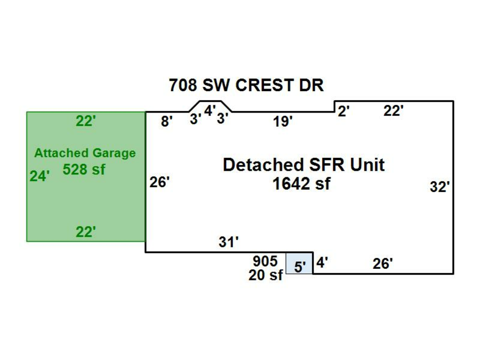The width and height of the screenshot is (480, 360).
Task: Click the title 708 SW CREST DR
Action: [246, 85]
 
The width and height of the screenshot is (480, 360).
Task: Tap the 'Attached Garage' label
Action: [85, 153]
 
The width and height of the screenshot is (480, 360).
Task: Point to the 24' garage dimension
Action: [39, 176]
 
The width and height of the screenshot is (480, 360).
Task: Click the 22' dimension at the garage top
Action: [85, 122]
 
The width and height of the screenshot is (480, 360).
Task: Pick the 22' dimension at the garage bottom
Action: [85, 232]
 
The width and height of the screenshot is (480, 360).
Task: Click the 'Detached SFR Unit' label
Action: [303, 165]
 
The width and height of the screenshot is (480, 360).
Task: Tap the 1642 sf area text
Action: [301, 184]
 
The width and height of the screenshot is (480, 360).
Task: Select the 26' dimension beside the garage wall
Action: [159, 182]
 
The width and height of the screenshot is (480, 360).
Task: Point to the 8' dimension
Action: [167, 122]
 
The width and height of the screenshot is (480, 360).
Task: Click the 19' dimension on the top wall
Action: [283, 122]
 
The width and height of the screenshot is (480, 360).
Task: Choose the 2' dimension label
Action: [344, 111]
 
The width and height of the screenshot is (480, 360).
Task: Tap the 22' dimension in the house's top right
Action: [394, 111]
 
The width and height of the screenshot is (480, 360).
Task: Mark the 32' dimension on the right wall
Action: [440, 187]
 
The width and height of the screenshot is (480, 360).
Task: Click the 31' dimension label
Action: [228, 242]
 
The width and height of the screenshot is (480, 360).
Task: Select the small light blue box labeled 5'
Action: [299, 263]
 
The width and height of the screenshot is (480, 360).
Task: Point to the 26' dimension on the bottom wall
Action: [383, 263]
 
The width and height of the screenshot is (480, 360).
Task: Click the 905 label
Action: [265, 261]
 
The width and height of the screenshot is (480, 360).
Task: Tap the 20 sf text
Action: [265, 276]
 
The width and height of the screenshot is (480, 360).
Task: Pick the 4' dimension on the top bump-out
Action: [210, 110]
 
